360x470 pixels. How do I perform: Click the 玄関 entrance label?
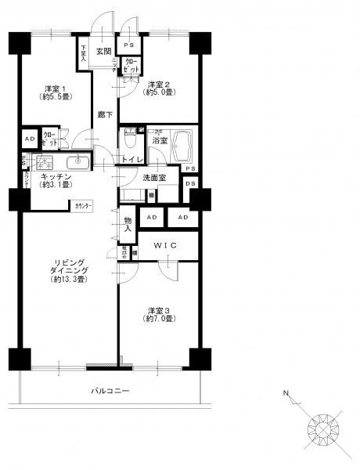(103, 52)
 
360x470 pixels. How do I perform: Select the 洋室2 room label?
(158, 89)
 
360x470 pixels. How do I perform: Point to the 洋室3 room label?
(158, 314)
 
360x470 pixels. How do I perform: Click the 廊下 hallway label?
(104, 114)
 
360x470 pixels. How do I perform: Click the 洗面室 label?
(154, 179)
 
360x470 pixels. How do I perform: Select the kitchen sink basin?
(79, 162)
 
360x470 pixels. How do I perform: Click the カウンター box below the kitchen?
(84, 205)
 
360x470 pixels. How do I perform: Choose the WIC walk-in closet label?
(167, 246)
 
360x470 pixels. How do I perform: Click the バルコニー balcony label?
(110, 390)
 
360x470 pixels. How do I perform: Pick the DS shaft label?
(190, 184)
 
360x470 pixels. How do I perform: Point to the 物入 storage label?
(127, 222)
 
